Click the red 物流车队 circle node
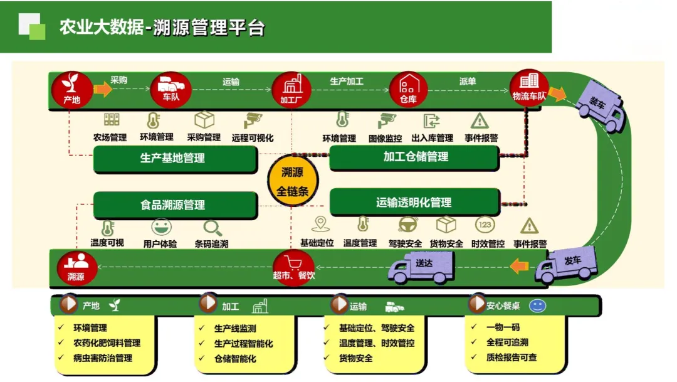click(x=529, y=88)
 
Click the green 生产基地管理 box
click(x=174, y=159)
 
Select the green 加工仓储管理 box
click(x=414, y=157)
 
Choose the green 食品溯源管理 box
click(x=174, y=204)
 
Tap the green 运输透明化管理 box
click(x=414, y=203)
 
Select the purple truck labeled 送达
click(x=422, y=267)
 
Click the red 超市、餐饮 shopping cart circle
click(x=293, y=267)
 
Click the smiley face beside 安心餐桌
click(x=537, y=306)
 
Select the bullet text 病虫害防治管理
click(x=103, y=358)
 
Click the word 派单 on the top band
click(x=467, y=82)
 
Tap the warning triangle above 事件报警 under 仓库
click(x=480, y=120)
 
